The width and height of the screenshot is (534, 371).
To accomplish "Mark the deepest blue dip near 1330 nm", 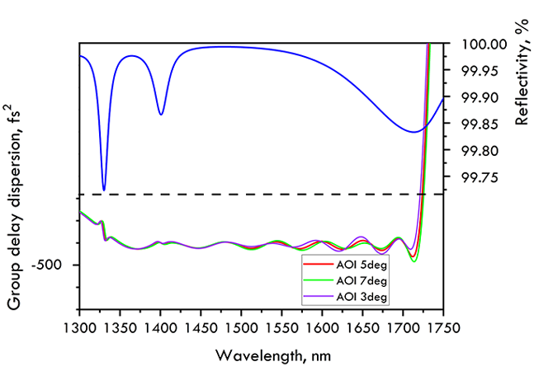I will pyautogui.click(x=103, y=190).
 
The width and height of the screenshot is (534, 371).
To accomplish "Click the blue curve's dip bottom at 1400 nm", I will pyautogui.click(x=161, y=115).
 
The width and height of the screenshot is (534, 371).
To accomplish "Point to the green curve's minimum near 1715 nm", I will pyautogui.click(x=414, y=261).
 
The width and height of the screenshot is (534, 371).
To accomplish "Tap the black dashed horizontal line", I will pyautogui.click(x=248, y=195).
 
